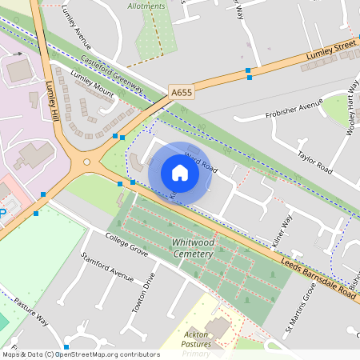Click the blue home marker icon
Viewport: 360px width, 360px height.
coord(180,173)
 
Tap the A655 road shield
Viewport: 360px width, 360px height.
coord(182,93)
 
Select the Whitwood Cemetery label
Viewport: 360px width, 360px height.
coord(192,248)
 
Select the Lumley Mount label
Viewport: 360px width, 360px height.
coord(92,83)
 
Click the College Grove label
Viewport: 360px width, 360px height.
coord(126,246)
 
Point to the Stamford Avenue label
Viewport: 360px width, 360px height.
coord(106,266)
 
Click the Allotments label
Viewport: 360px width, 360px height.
coord(146,6)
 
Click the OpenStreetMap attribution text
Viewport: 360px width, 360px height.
coord(81,354)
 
